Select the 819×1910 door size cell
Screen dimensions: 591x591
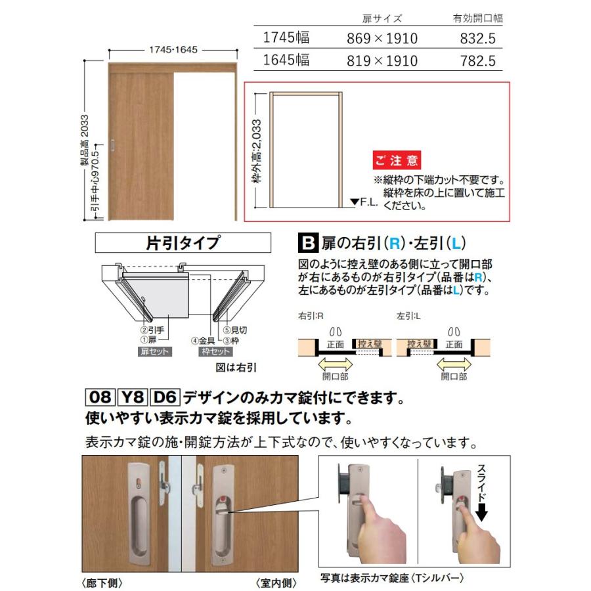click(x=382, y=61)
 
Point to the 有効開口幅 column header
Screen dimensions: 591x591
click(x=477, y=18)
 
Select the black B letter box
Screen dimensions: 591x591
click(x=307, y=243)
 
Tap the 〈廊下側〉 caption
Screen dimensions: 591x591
click(x=104, y=582)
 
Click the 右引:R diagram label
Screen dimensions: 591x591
click(x=309, y=316)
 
